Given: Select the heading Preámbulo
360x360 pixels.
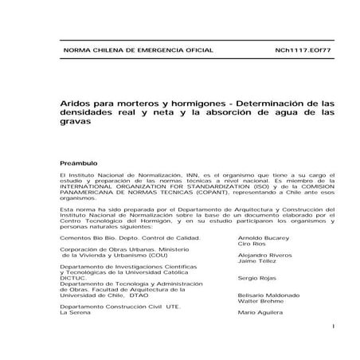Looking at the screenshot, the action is (76, 159).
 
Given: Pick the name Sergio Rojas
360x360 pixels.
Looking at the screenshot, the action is (256, 279).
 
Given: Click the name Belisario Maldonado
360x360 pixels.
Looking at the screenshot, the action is (267, 295).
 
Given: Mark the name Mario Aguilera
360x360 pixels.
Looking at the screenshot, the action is (257, 314).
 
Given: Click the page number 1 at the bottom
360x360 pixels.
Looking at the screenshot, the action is (333, 327).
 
